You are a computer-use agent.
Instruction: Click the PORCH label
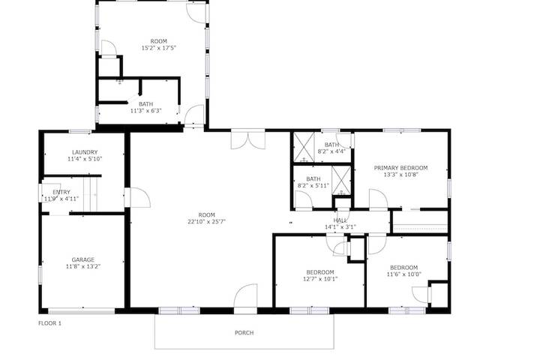244,333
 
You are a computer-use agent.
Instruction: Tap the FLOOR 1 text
49,323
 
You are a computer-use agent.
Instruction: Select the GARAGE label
83,259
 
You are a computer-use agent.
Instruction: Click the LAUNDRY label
85,152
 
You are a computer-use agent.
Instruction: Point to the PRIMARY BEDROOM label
400,168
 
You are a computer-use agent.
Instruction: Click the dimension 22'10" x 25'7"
206,222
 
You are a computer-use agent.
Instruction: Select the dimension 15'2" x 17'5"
159,48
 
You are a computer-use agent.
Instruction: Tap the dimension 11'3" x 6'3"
146,111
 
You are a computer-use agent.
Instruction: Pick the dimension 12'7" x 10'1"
320,279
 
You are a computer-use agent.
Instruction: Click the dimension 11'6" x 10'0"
404,274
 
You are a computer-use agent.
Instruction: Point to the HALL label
340,220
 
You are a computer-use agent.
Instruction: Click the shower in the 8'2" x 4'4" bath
304,147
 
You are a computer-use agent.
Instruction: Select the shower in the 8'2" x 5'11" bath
341,180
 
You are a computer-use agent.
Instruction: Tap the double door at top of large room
248,139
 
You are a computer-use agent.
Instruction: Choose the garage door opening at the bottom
82,311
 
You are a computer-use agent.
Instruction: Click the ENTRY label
61,192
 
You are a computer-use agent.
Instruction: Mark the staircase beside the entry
91,195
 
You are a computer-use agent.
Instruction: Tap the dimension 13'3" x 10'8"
400,175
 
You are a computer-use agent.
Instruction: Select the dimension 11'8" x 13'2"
83,266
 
